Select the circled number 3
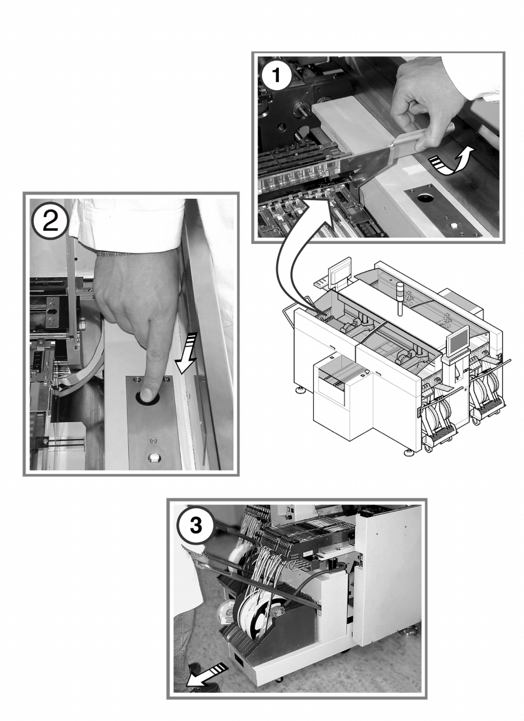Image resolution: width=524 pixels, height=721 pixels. pos(196,525)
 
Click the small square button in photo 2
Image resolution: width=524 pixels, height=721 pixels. pos(153,455)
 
